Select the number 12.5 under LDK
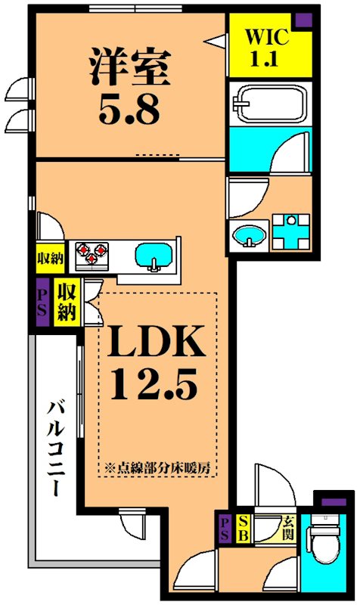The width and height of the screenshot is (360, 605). click(x=154, y=384)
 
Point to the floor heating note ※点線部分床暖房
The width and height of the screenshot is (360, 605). click(x=158, y=467)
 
